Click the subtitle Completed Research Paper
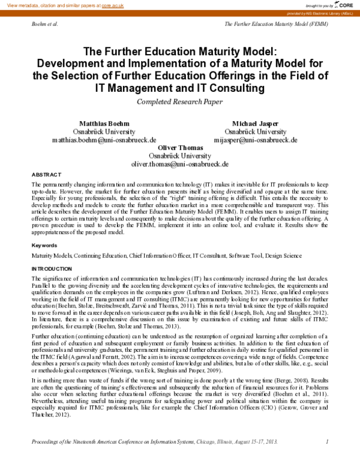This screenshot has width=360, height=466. pos(179,101)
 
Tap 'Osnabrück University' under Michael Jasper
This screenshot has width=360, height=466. pos(255,131)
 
